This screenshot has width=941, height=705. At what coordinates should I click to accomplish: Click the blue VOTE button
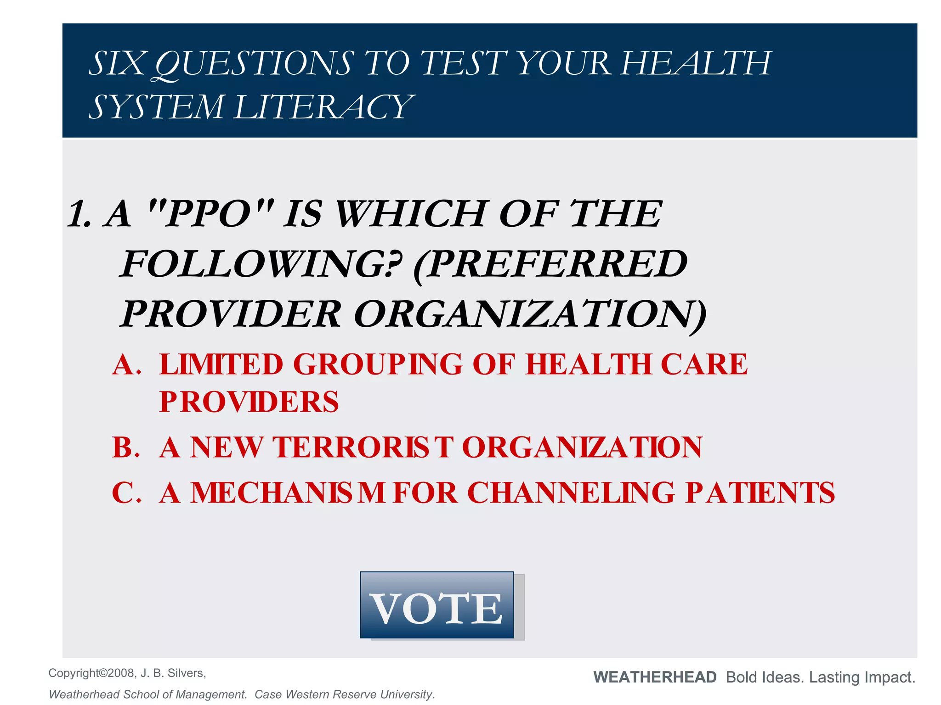pyautogui.click(x=436, y=605)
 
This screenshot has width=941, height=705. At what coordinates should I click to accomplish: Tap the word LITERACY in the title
pyautogui.click(x=324, y=107)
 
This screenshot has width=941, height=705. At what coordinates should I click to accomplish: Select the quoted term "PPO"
pyautogui.click(x=211, y=213)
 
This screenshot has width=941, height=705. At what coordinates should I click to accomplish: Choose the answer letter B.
pyautogui.click(x=125, y=447)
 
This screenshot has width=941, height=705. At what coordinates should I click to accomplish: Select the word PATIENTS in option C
pyautogui.click(x=760, y=493)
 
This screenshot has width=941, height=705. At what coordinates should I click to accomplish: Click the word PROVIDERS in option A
pyautogui.click(x=249, y=402)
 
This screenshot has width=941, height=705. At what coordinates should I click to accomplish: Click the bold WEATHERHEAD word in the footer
pyautogui.click(x=655, y=677)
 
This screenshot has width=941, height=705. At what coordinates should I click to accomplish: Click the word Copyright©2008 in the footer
pyautogui.click(x=91, y=673)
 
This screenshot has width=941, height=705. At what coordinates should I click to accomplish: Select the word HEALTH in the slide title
pyautogui.click(x=696, y=64)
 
